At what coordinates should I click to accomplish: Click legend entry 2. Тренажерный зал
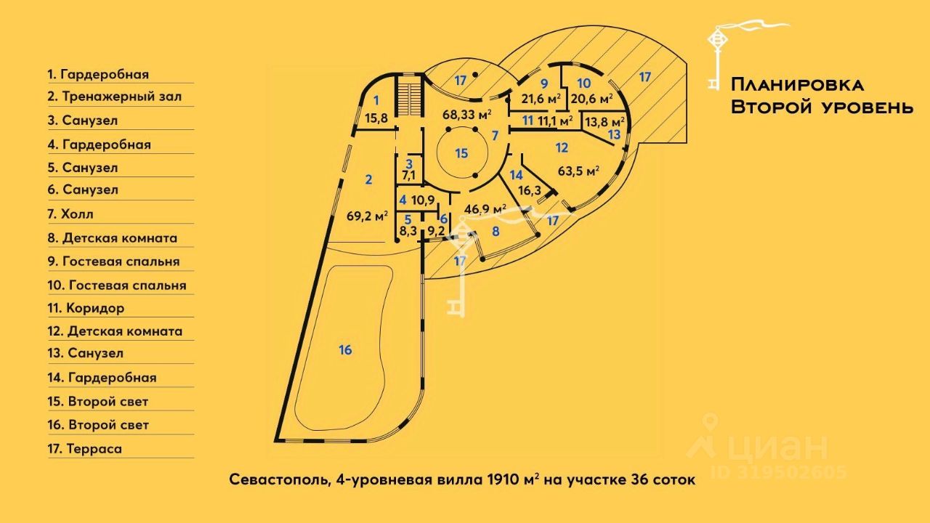(x=115, y=97)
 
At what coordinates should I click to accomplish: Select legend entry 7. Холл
(x=70, y=214)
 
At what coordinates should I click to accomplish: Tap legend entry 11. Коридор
(x=86, y=308)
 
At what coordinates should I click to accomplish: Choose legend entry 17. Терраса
(x=84, y=448)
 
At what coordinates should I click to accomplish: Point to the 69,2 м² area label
(x=366, y=215)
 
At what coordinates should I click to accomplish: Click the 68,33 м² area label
(x=467, y=115)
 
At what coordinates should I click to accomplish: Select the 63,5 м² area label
(x=578, y=171)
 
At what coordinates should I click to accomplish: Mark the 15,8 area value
(x=376, y=118)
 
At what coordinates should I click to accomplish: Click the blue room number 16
(x=345, y=350)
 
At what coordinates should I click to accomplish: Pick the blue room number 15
(x=461, y=153)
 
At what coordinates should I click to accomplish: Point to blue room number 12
(x=561, y=148)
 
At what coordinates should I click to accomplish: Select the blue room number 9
(x=543, y=83)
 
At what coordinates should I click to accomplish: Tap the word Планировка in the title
(x=797, y=85)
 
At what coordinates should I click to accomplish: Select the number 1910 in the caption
(x=504, y=480)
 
